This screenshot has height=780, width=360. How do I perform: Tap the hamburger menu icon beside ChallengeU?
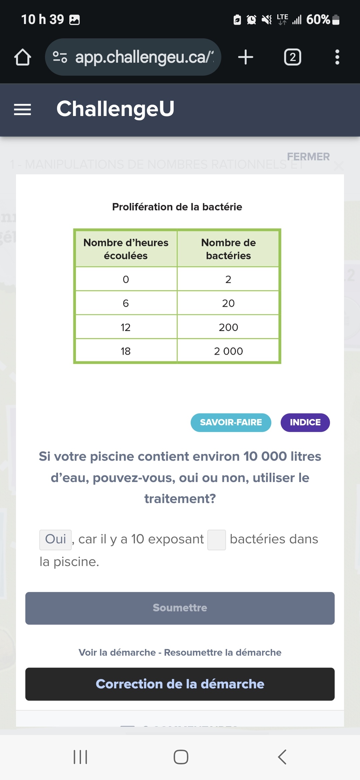click(x=22, y=109)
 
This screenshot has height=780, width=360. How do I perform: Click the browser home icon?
click(x=23, y=57)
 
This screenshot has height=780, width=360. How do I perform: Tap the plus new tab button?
click(x=246, y=57)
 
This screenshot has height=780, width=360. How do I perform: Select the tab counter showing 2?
click(x=292, y=57)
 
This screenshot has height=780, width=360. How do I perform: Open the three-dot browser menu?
click(x=337, y=57)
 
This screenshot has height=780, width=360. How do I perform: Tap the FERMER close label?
click(x=308, y=157)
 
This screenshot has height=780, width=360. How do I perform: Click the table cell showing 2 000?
click(x=228, y=351)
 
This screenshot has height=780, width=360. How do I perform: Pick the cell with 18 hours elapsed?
click(x=126, y=351)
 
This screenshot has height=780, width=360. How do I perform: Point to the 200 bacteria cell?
click(x=228, y=327)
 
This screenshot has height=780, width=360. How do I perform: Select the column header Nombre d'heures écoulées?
click(x=126, y=249)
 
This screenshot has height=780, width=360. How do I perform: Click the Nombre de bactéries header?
click(x=228, y=249)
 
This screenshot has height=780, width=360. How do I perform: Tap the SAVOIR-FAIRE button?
click(x=231, y=422)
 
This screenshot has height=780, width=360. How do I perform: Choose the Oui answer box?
click(x=55, y=539)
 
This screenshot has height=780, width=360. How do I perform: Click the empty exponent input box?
click(x=216, y=540)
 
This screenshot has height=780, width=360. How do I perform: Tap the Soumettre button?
click(x=180, y=608)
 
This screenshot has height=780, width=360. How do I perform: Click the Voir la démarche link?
click(x=117, y=652)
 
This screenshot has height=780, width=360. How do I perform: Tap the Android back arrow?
click(x=282, y=757)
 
